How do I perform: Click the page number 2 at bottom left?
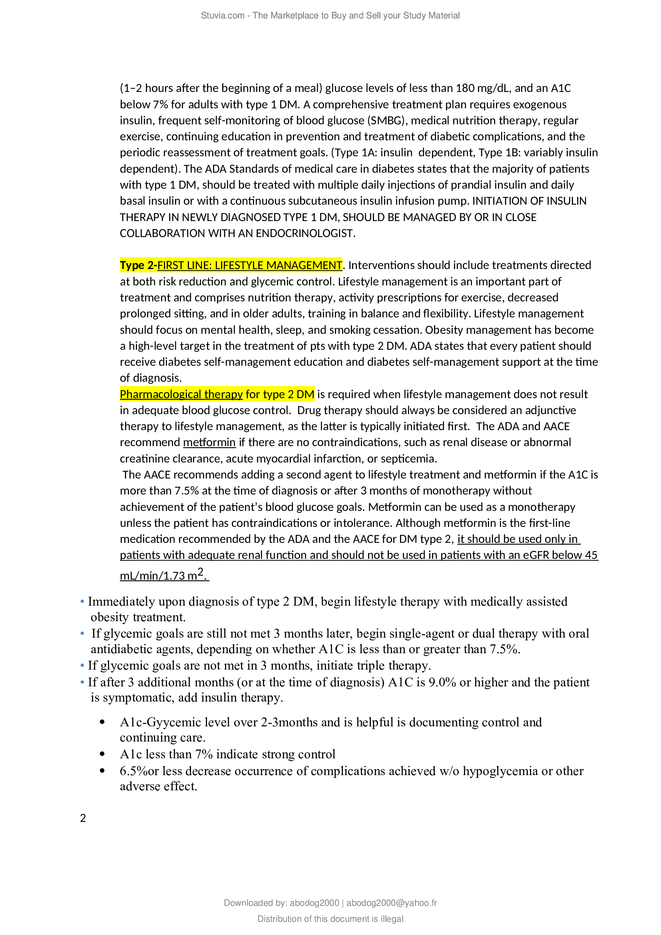(x=83, y=818)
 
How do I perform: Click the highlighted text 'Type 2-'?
(x=138, y=265)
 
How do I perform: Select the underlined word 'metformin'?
(x=209, y=442)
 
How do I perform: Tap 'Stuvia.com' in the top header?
(x=222, y=16)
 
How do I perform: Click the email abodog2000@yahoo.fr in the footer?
(x=392, y=903)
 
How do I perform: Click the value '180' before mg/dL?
(x=465, y=88)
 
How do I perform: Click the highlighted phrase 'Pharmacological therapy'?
(x=181, y=394)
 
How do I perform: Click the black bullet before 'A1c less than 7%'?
(x=102, y=754)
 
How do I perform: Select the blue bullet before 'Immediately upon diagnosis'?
(x=82, y=602)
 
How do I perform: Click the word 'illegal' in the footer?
(x=392, y=919)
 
